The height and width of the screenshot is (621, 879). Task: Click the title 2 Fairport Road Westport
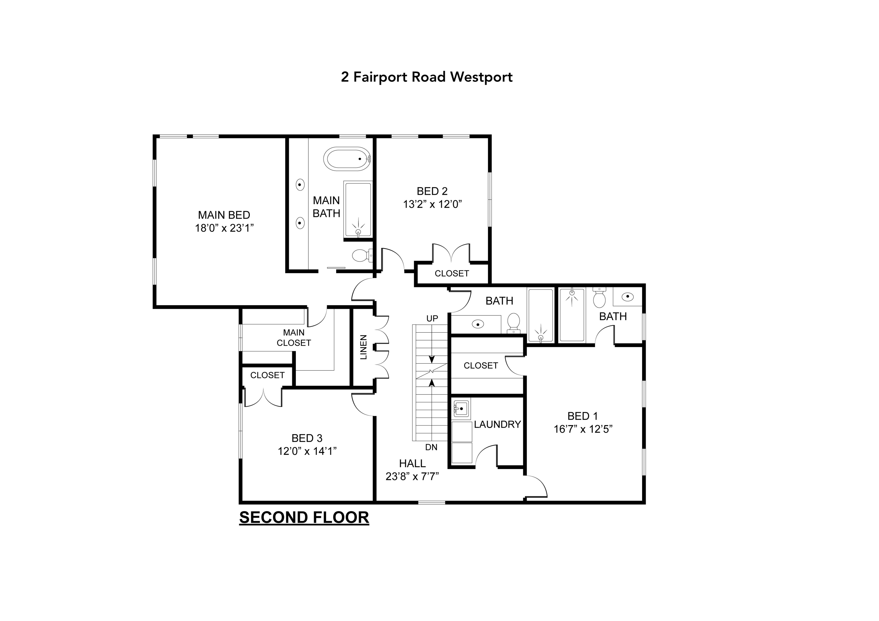pyautogui.click(x=427, y=77)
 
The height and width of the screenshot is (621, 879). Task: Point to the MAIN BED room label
pyautogui.click(x=224, y=215)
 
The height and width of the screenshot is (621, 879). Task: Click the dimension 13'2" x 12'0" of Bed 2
pyautogui.click(x=432, y=204)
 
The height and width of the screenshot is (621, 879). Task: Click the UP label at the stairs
pyautogui.click(x=432, y=318)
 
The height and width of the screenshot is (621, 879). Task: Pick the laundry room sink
pyautogui.click(x=461, y=409)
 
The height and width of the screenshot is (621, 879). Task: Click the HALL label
pyautogui.click(x=412, y=463)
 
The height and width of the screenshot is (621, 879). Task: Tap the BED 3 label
pyautogui.click(x=307, y=438)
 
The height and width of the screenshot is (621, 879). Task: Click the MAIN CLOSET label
pyautogui.click(x=294, y=338)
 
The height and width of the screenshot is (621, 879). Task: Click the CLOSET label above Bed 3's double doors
pyautogui.click(x=267, y=375)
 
